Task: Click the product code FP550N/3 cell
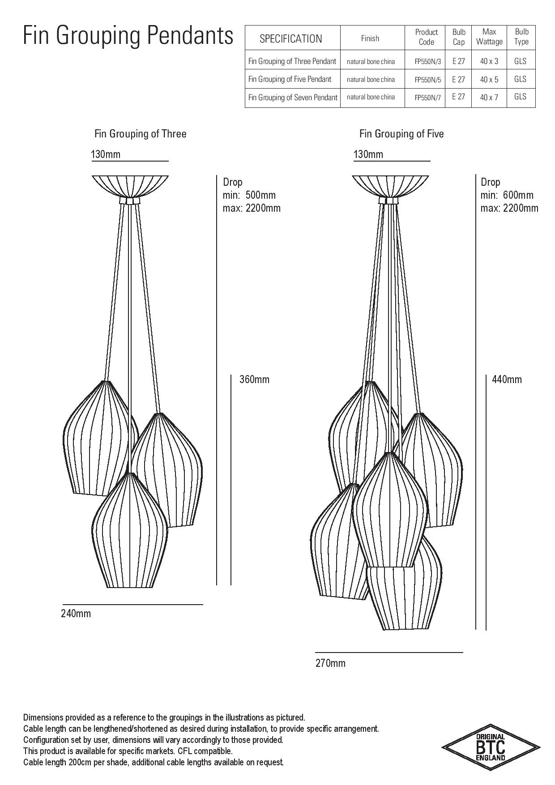click(x=427, y=62)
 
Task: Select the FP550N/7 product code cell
click(x=427, y=98)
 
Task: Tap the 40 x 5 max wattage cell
click(x=489, y=80)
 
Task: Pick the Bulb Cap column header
click(x=459, y=37)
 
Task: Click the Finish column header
click(x=370, y=38)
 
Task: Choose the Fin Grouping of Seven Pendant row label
click(x=293, y=97)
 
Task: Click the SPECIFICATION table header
click(x=291, y=38)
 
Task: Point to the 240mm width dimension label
click(x=76, y=614)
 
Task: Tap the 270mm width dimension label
click(x=330, y=663)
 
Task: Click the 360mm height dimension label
click(x=255, y=380)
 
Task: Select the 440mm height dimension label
click(x=507, y=380)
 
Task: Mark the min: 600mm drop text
click(x=507, y=195)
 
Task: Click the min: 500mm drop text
click(x=249, y=195)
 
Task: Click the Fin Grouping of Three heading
click(x=141, y=134)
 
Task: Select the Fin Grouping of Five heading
click(x=401, y=134)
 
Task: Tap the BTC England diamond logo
click(x=491, y=747)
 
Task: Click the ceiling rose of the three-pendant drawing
click(x=130, y=186)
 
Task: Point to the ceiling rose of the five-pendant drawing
click(x=391, y=186)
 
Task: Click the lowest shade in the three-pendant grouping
click(x=130, y=530)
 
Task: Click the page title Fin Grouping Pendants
click(x=128, y=35)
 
